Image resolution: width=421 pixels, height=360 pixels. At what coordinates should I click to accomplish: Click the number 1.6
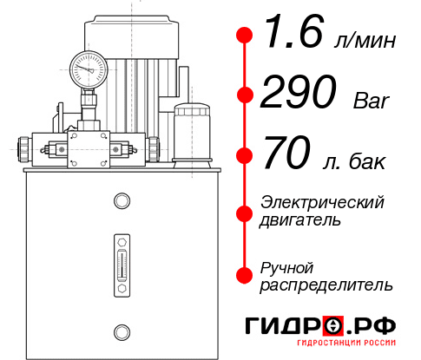(x=293, y=35)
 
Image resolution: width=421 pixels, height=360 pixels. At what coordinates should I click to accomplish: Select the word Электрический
(x=322, y=203)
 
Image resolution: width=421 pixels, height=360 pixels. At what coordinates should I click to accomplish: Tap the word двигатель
(x=300, y=220)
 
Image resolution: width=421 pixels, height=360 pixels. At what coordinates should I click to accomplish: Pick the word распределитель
(x=326, y=285)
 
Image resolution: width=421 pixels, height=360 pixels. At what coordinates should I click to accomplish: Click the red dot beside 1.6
(x=245, y=35)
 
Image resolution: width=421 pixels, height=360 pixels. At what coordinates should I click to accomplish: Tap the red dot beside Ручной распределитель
(x=245, y=275)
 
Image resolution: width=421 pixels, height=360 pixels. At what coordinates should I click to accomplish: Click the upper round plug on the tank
(x=120, y=201)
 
